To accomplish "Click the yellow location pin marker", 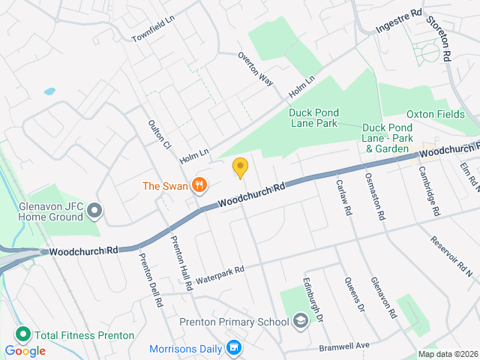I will [240, 167].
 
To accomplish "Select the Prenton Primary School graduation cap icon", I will [301, 322].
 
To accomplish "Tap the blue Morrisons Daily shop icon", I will [234, 348].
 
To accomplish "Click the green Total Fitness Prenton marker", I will [22, 335].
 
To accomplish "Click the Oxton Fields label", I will [435, 114].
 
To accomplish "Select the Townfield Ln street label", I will [152, 31].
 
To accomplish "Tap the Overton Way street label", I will [255, 67].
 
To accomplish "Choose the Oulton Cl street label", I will [160, 133].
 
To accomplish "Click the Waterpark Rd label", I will [220, 274].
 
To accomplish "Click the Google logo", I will [25, 350].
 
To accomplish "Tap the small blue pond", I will [49, 91].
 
